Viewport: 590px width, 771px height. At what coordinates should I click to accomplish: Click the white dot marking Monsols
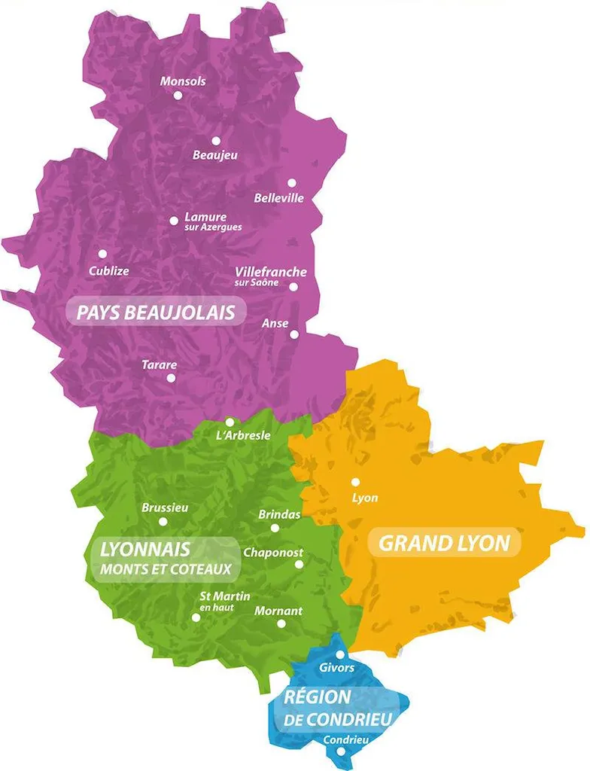178,96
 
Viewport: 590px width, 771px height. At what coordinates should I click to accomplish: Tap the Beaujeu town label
214,155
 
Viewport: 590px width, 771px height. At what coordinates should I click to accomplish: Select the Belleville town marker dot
291,183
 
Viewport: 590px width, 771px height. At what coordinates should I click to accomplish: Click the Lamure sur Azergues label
212,221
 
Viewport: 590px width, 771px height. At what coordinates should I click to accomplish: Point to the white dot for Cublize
102,254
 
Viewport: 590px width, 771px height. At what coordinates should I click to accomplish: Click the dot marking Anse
294,334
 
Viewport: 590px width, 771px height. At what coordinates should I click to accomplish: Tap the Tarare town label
160,365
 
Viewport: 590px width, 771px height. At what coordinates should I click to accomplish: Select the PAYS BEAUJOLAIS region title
156,312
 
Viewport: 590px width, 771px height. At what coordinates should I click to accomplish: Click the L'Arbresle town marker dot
230,422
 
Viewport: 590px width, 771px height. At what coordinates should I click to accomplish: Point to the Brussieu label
165,508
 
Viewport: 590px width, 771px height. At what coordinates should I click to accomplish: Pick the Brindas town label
279,515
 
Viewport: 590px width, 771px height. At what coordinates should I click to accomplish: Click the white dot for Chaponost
299,564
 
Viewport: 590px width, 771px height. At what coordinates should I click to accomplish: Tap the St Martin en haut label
223,601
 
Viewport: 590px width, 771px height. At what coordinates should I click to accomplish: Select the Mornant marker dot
281,623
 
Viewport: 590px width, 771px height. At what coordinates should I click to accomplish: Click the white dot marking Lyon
355,482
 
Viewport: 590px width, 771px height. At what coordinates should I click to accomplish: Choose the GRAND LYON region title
444,543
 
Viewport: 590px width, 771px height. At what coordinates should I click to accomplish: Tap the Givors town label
336,668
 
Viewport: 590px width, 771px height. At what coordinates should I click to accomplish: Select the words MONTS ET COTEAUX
165,570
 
